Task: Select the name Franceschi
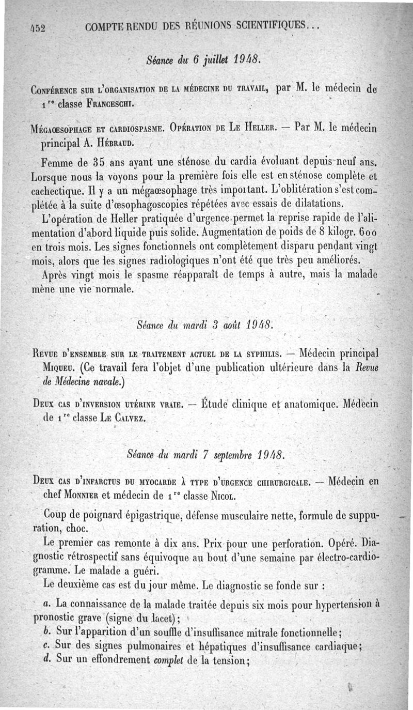coord(110,103)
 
